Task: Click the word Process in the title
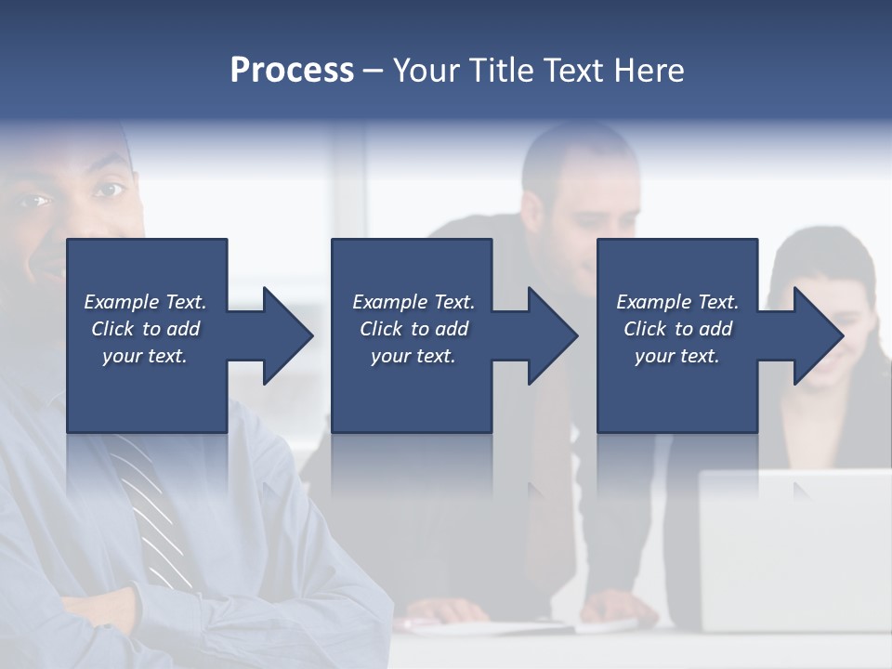click(x=292, y=71)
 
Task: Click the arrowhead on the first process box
click(x=282, y=335)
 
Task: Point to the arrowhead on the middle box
click(x=547, y=335)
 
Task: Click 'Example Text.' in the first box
click(x=145, y=302)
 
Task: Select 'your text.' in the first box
click(x=145, y=356)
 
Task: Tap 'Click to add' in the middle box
click(x=413, y=329)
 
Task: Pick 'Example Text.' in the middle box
click(x=413, y=302)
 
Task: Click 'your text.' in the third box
click(x=677, y=356)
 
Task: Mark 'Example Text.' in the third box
click(x=677, y=302)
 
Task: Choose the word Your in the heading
click(x=426, y=71)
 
